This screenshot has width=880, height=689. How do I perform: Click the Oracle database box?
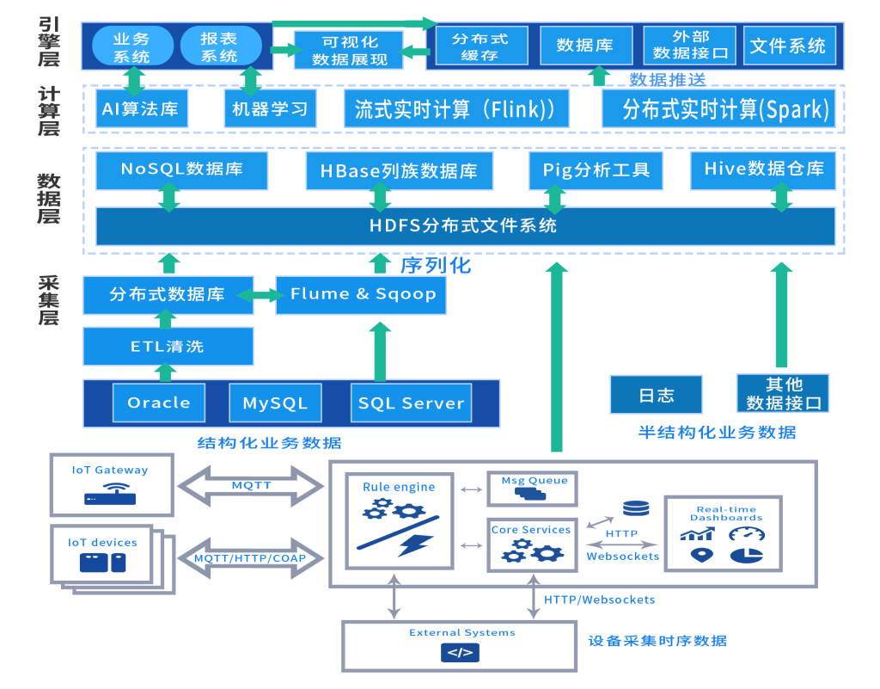(159, 403)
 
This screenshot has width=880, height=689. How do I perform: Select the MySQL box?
(275, 403)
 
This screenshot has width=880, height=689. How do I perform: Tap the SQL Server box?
(411, 403)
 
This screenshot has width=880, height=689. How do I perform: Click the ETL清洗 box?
(168, 347)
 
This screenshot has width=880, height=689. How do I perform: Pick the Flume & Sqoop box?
(362, 295)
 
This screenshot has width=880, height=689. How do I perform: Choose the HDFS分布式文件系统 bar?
(464, 226)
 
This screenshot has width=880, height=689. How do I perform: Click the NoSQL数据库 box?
(181, 169)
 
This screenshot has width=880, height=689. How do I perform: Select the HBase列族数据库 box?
(399, 171)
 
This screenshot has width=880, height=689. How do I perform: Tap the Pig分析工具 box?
(596, 170)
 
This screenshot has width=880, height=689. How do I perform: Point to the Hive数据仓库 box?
(763, 169)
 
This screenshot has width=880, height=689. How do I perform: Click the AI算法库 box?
(141, 109)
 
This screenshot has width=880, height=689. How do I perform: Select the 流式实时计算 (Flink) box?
(455, 109)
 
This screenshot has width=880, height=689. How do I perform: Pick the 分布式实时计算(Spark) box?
(718, 109)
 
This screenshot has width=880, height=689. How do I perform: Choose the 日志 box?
(656, 395)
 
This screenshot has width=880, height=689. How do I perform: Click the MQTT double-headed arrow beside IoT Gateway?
(251, 486)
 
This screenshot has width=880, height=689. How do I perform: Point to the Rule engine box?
(399, 520)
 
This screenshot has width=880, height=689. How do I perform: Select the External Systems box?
(461, 645)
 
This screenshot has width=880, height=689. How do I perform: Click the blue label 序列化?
(436, 265)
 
